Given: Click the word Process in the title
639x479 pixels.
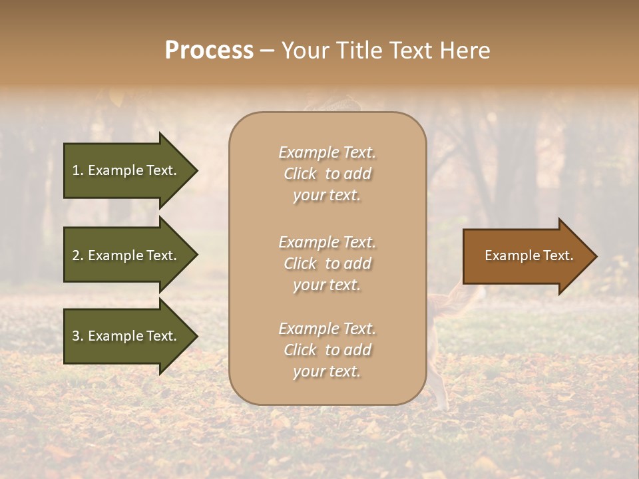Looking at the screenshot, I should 209,51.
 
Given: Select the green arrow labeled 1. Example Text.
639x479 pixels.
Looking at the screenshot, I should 126,170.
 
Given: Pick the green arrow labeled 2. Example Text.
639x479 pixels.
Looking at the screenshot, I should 126,255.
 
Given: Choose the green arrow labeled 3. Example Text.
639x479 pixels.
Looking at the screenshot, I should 126,336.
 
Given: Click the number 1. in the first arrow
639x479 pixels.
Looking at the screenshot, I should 78,170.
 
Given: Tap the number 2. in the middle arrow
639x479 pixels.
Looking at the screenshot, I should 78,255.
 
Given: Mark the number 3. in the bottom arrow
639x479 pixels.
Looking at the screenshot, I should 78,336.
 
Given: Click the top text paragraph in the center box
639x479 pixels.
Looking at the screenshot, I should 327,174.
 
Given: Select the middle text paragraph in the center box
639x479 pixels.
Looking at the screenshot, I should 327,263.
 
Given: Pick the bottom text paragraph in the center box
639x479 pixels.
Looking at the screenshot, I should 327,350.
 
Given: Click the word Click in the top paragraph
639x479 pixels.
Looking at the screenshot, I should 300,174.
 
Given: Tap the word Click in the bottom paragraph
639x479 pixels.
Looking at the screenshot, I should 300,350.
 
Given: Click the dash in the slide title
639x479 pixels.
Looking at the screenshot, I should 267,51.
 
